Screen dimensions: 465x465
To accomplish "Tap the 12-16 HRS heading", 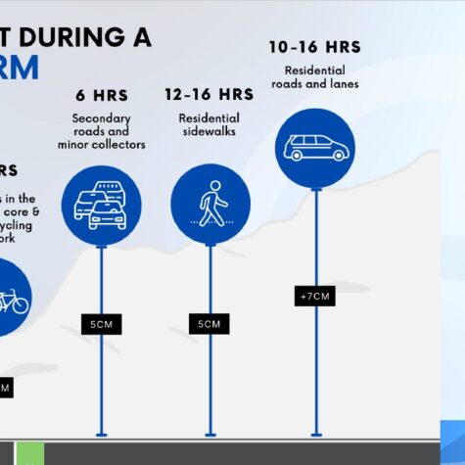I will pos(209,95).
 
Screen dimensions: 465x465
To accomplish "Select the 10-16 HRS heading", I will pos(315,46).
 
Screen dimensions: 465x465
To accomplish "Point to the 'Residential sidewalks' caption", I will pos(209,124).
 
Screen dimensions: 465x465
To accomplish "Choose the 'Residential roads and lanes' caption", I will pos(315,76).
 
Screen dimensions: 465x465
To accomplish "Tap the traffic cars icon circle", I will pos(102,205).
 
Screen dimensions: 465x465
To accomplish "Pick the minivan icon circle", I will pos(315,148).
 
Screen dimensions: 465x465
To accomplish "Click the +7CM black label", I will pos(315,295).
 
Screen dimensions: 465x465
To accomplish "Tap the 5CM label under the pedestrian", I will pos(209,323).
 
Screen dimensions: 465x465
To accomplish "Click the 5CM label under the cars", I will pos(102,323).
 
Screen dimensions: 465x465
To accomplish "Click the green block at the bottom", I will pos(29,453).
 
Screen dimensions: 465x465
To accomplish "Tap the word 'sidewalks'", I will pos(209,131).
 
